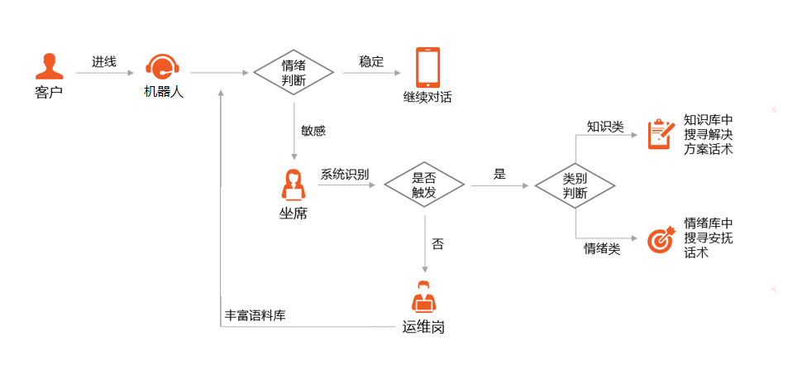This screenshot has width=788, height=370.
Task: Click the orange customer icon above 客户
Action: tap(49, 66)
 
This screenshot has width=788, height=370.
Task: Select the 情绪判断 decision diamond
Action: tap(294, 73)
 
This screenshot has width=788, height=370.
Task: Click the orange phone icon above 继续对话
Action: tap(427, 67)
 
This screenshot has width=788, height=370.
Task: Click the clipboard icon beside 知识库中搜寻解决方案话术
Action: tap(660, 133)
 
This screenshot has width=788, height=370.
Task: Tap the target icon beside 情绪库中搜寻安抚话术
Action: tap(660, 238)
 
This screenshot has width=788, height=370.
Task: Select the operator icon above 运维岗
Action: tap(423, 297)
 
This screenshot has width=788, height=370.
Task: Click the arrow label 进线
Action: tap(103, 62)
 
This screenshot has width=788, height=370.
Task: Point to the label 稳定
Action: tap(371, 62)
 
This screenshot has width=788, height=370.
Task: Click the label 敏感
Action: tap(313, 130)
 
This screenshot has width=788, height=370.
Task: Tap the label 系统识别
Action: tap(345, 174)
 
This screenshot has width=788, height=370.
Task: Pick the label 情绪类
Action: tap(602, 247)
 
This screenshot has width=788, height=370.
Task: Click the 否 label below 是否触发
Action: tap(437, 244)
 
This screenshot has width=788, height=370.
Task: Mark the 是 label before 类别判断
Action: tap(499, 174)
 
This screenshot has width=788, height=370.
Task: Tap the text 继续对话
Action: tap(427, 98)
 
